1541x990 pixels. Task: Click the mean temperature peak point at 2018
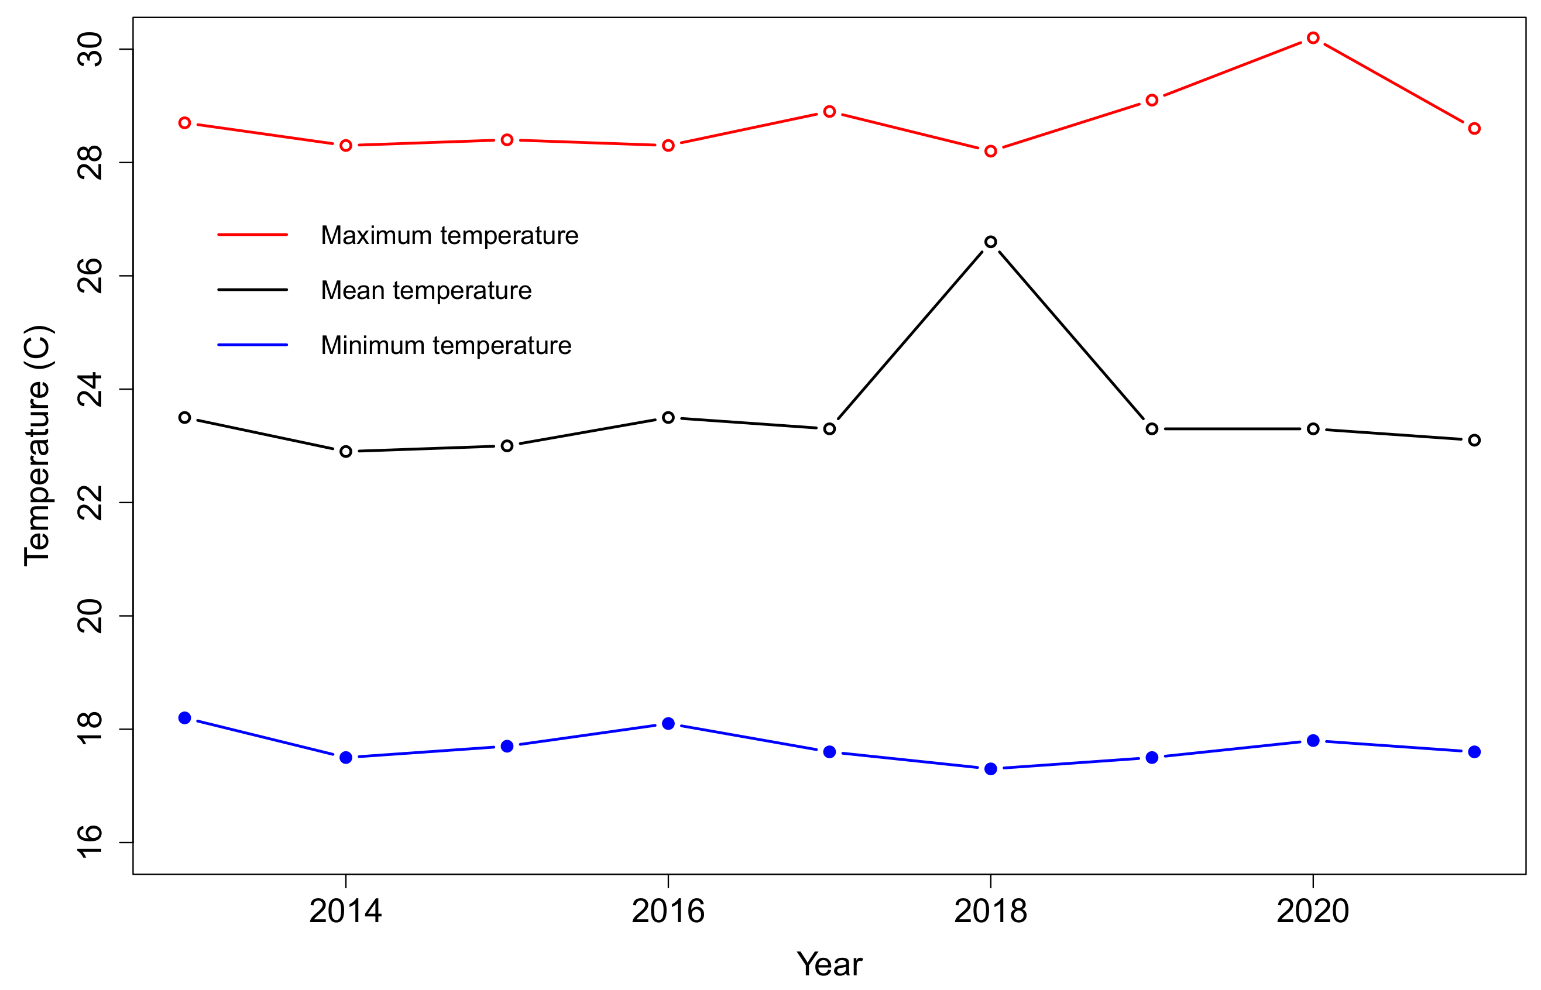[991, 242]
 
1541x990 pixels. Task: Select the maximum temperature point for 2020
[1313, 38]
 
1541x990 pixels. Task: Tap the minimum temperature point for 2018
[991, 769]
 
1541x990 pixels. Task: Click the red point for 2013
[184, 123]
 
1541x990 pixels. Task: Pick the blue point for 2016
[668, 723]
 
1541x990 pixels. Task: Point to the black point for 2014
[346, 451]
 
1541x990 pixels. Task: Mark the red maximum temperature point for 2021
[1474, 129]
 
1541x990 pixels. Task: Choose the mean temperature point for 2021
[1474, 441]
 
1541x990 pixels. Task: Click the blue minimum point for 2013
[184, 717]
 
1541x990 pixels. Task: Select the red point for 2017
[829, 112]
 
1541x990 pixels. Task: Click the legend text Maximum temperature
[449, 235]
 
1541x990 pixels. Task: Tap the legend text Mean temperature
[426, 291]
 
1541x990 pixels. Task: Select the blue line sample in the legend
[252, 345]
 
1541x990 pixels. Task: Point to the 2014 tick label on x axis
[346, 912]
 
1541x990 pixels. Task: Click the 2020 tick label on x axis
[1313, 912]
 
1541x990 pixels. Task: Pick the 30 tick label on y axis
[90, 50]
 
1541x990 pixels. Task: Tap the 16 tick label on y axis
[90, 842]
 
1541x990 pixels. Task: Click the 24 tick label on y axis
[90, 389]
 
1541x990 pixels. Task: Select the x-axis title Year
[829, 964]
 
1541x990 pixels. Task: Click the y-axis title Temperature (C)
[37, 445]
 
